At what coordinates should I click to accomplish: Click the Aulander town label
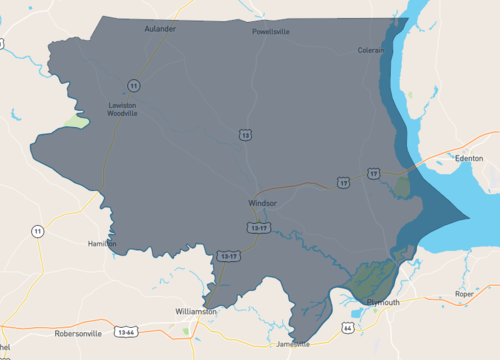click(x=160, y=29)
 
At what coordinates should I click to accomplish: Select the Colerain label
click(x=372, y=50)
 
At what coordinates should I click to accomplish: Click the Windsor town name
click(x=262, y=203)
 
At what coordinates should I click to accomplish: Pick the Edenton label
click(x=468, y=158)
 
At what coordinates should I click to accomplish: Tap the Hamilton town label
click(x=102, y=243)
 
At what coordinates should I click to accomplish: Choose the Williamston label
click(x=196, y=311)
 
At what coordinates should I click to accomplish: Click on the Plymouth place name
click(x=383, y=301)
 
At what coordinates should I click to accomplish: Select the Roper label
click(x=464, y=294)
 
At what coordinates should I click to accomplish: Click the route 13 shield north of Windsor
click(x=245, y=134)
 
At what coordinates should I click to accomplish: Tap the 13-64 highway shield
click(x=126, y=331)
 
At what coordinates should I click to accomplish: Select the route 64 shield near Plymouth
click(x=347, y=327)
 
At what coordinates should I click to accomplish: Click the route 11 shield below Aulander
click(x=133, y=84)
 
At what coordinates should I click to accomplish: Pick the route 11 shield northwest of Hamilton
click(x=37, y=231)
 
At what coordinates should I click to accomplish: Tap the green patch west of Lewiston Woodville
click(x=76, y=122)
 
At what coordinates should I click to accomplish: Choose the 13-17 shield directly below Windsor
click(x=259, y=228)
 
